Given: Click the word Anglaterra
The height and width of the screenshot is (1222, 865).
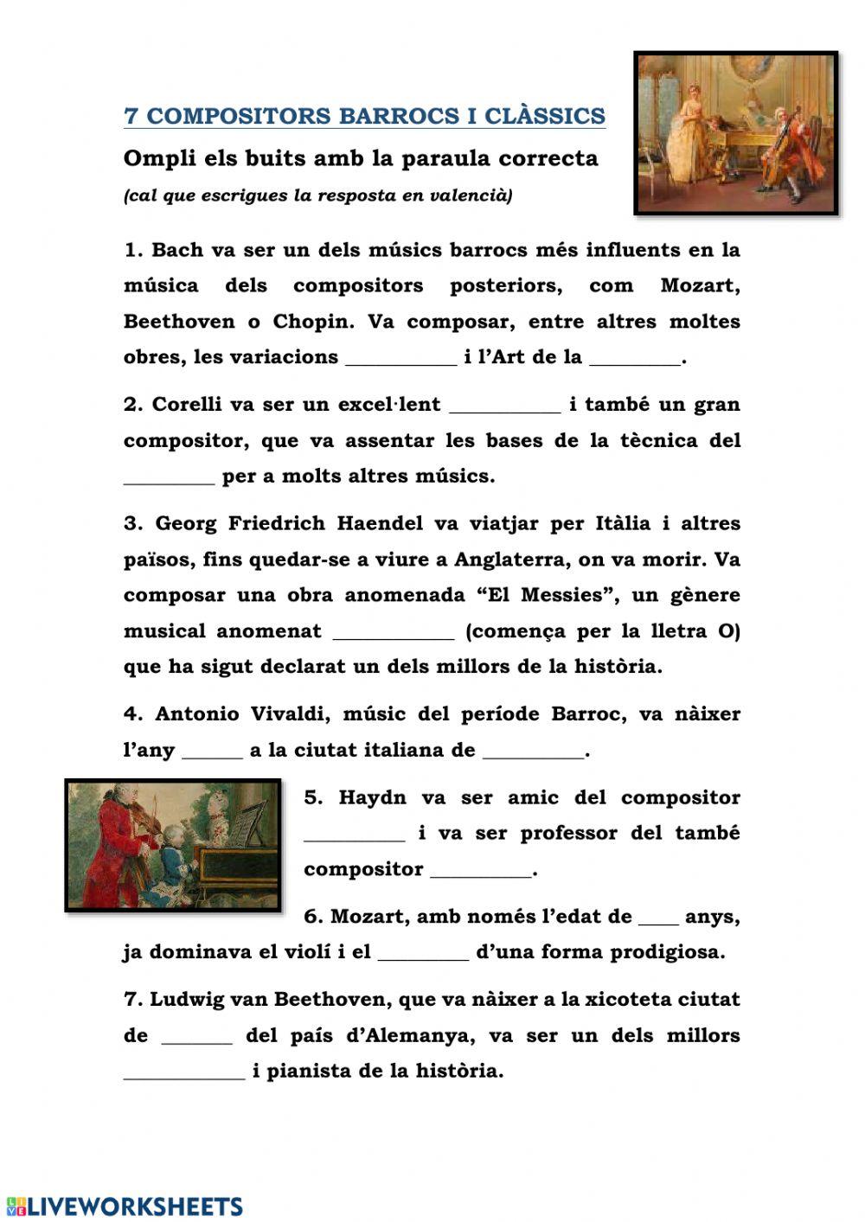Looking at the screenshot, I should pyautogui.click(x=512, y=560).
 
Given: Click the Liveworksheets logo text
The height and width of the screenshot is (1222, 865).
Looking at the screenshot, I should pyautogui.click(x=135, y=1206).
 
